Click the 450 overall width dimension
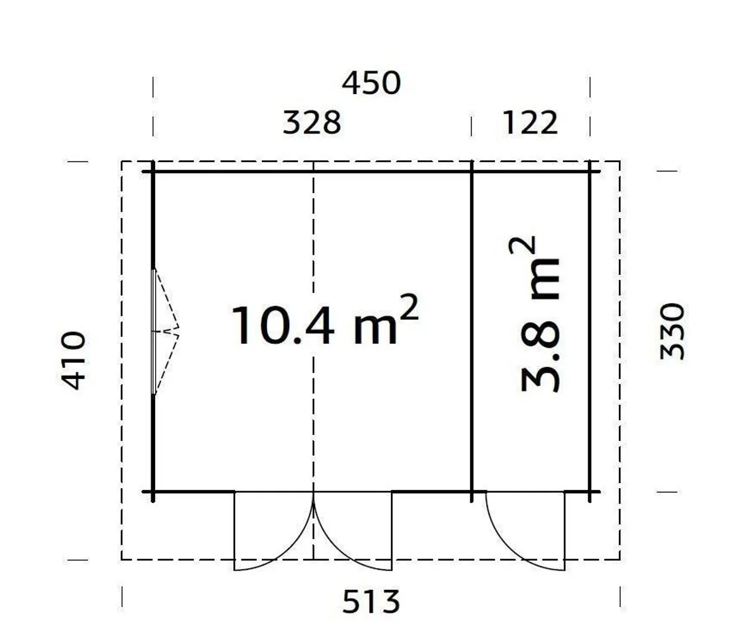tap(372, 83)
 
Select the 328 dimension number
tap(311, 122)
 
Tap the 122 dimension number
tap(530, 122)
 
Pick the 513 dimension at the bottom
tap(372, 602)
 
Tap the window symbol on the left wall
tap(154, 331)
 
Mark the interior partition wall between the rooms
tap(471, 331)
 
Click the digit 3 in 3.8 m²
tap(540, 379)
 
